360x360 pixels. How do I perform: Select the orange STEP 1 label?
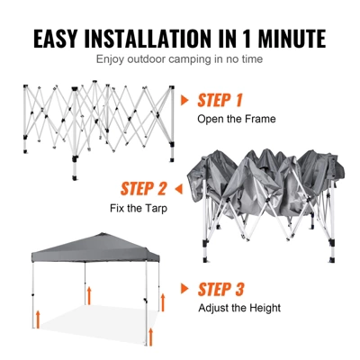[220, 100]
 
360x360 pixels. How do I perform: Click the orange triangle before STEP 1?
[185, 100]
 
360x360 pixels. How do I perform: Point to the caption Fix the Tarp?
[139, 209]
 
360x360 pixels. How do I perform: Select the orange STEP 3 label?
[220, 289]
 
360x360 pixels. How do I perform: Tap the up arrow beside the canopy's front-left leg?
[39, 317]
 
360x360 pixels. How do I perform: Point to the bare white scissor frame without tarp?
[97, 121]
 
